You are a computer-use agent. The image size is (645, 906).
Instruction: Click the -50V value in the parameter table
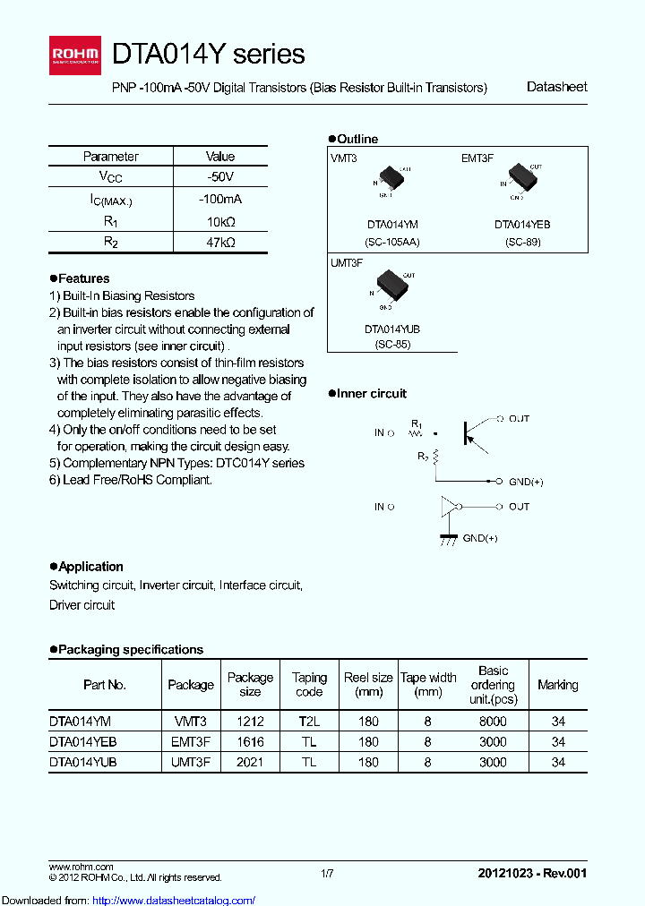[x=220, y=177]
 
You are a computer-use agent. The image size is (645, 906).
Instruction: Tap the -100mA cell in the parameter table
[x=220, y=200]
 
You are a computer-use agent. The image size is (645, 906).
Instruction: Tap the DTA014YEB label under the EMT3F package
[x=522, y=226]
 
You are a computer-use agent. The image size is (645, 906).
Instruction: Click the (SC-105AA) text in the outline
[x=392, y=242]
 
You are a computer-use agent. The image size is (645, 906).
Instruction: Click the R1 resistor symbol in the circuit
[x=415, y=433]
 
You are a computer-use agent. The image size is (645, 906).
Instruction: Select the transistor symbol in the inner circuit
[x=469, y=432]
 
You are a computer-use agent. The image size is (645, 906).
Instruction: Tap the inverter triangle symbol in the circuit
[x=448, y=508]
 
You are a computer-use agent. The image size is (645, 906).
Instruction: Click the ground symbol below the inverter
[x=445, y=539]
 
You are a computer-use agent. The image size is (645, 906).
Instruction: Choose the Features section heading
[x=81, y=278]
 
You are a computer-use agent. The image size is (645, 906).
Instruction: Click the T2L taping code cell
[x=309, y=721]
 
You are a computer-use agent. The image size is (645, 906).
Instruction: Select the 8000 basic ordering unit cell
[x=493, y=721]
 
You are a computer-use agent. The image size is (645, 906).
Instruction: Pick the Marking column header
[x=557, y=685]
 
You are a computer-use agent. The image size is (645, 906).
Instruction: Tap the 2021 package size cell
[x=250, y=762]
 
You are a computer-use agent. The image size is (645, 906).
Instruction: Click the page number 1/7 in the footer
[x=327, y=872]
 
